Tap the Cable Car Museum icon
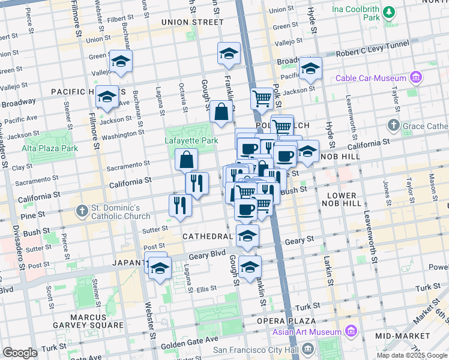pos(415,77)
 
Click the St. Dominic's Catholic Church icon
pos(82,211)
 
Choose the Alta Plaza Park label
pos(50,148)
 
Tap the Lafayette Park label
pos(191,141)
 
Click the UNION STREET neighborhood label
pos(188,22)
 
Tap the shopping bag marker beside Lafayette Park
pos(187,159)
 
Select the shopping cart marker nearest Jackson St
pos(262,97)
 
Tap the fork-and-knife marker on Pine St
pos(180,205)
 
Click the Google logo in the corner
pos(20,353)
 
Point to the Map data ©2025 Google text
pos(412,355)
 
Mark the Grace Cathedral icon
pos(393,125)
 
